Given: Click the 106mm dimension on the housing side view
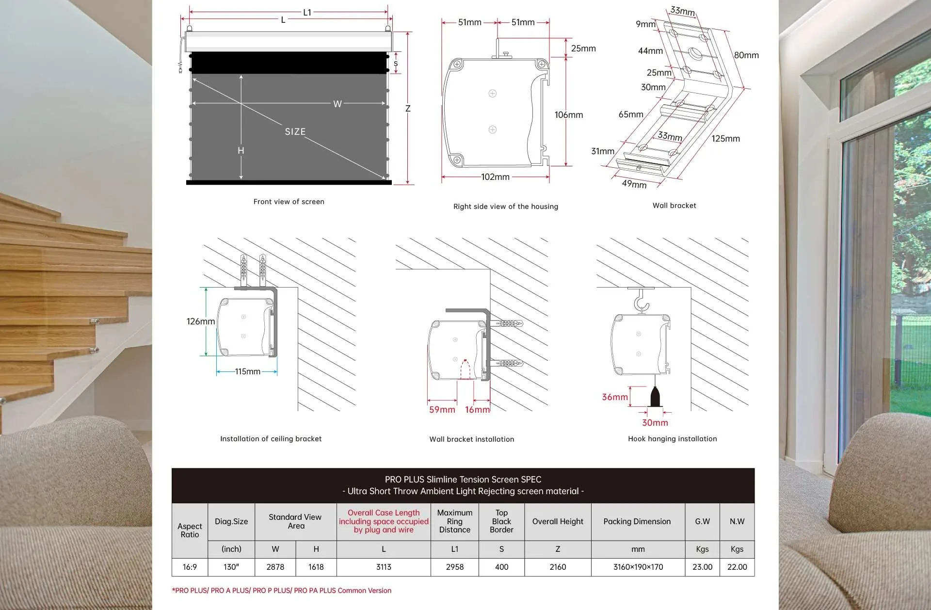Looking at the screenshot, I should click(568, 115).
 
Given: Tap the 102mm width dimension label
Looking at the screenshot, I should click(495, 177).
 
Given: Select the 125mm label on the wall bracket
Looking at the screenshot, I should click(725, 139).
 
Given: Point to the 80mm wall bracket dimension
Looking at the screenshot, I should click(746, 55).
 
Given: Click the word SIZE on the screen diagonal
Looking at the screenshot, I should click(295, 131).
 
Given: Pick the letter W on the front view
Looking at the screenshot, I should click(337, 104).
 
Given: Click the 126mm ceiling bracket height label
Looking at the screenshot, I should click(200, 321).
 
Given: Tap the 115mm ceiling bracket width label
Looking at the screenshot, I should click(247, 371).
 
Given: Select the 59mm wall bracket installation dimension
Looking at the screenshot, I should click(442, 410).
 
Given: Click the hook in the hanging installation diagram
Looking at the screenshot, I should click(642, 302).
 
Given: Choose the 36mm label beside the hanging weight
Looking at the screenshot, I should click(614, 397).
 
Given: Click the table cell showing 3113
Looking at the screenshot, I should click(384, 567).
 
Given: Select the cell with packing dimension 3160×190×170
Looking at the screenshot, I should click(638, 567).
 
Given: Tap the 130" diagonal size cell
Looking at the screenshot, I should click(231, 567).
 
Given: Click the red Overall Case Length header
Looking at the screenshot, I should click(384, 521).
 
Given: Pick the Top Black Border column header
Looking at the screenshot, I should click(501, 521).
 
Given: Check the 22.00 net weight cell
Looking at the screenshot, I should click(737, 567).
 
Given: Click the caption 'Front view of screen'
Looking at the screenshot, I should click(289, 202).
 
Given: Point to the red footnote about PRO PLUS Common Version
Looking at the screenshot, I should click(282, 591).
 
